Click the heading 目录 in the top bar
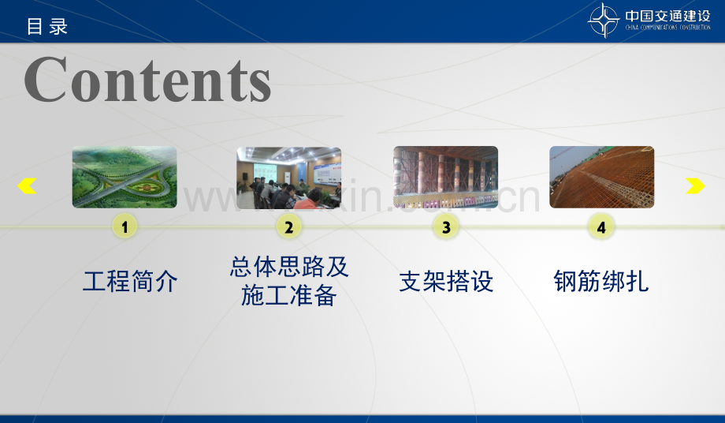point(47,26)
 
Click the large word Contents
point(147,80)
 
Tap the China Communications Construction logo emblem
point(604,21)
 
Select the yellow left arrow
point(27,186)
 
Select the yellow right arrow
point(695,186)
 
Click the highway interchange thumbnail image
point(125,178)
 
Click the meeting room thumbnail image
point(288,178)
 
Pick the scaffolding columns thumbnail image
point(445,178)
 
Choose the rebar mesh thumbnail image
point(601,178)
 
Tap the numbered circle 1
point(125,227)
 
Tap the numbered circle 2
point(288,227)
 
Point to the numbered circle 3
point(445,227)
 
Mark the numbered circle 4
point(601,227)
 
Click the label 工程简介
point(130,282)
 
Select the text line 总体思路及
point(289,267)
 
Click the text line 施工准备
point(289,296)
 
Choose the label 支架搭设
point(446,282)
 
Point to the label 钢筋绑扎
point(601,282)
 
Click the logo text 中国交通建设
point(667,15)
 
